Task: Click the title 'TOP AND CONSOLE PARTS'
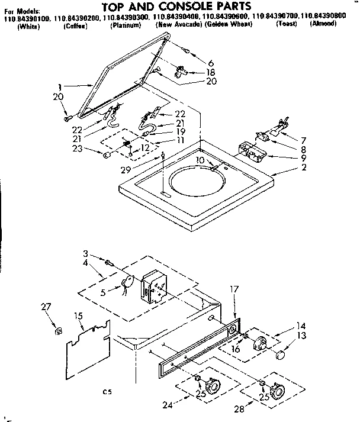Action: pos(180,7)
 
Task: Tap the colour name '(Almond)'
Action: pos(323,27)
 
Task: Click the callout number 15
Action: pos(79,317)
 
